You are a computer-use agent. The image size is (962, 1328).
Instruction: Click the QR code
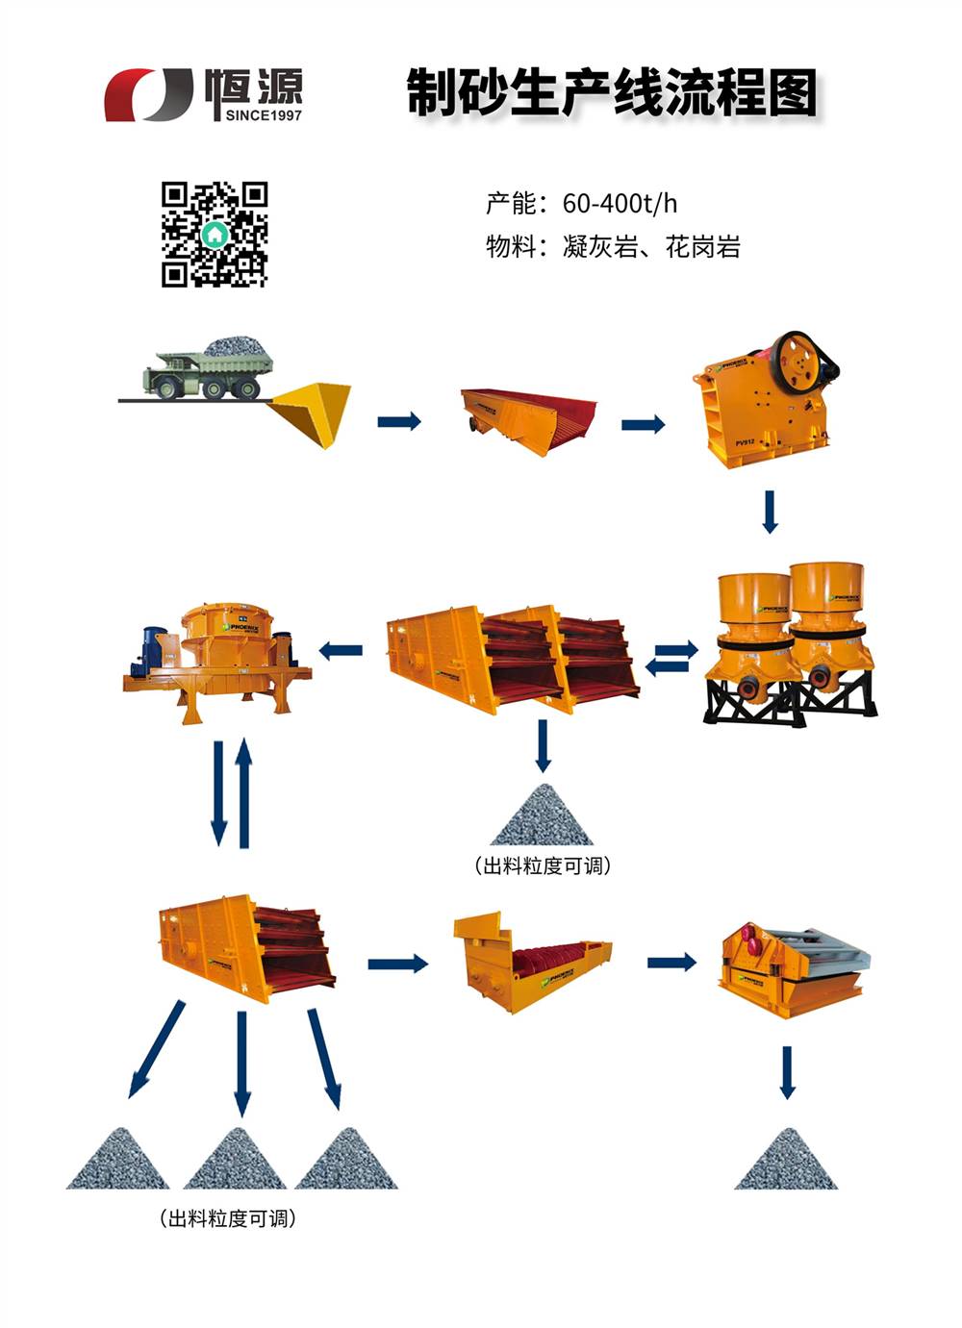(214, 234)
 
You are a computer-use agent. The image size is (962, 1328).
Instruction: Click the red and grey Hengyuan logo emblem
(148, 94)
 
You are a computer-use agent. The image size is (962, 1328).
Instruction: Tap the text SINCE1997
(263, 115)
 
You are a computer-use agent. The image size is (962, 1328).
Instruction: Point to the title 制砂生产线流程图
(612, 92)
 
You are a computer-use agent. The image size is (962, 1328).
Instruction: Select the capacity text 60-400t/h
(620, 203)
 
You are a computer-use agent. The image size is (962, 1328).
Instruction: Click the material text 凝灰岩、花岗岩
(651, 247)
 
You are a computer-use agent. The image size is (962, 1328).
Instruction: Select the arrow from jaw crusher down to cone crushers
(770, 512)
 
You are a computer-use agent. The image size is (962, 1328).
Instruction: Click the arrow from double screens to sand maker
(341, 651)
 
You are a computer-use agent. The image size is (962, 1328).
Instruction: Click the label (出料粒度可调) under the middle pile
(543, 865)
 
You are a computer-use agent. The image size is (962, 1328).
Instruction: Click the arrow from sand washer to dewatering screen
(671, 962)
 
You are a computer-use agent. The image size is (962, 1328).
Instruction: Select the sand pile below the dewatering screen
(786, 1161)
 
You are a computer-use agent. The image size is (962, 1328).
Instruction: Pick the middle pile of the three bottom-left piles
(235, 1161)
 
